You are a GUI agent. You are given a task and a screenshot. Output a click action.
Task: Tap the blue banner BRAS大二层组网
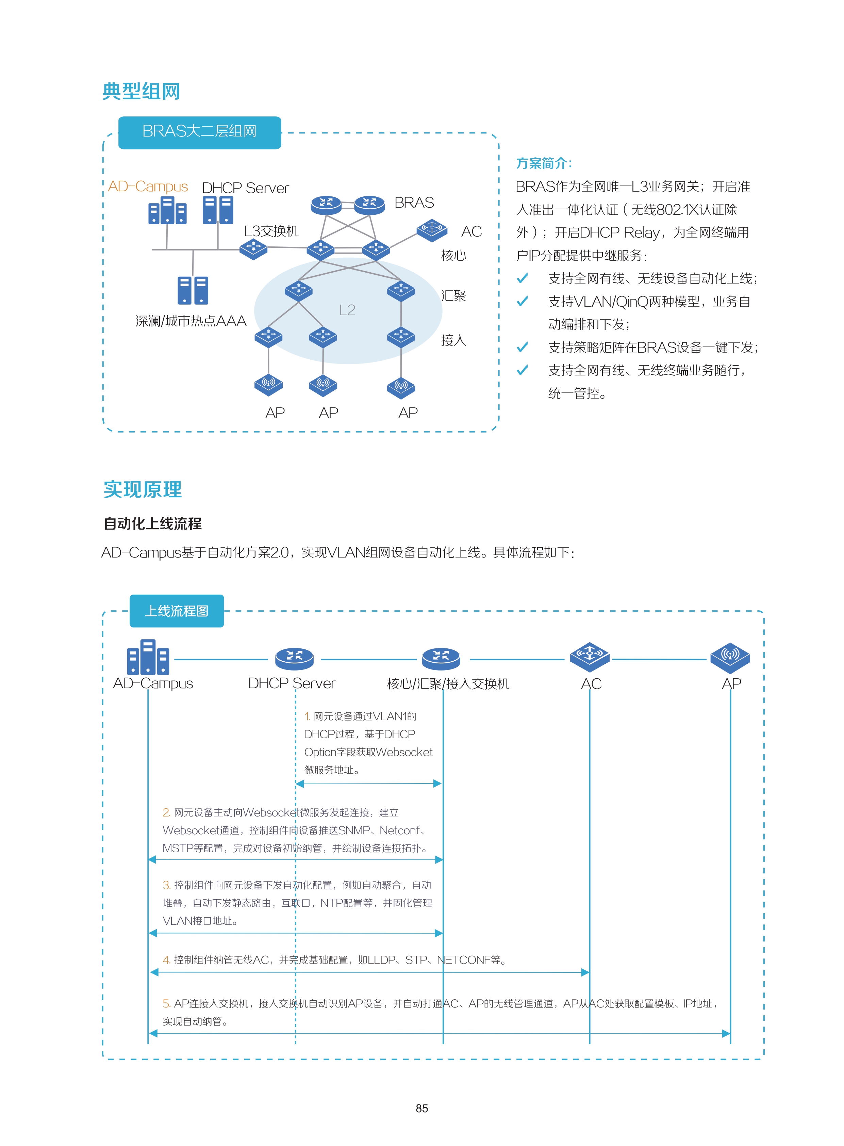coord(200,132)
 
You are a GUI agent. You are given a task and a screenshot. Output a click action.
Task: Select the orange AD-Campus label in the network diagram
coord(148,187)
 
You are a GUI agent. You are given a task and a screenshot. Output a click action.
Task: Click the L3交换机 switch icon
coord(253,249)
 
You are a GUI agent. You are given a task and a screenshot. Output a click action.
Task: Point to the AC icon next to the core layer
coord(432,230)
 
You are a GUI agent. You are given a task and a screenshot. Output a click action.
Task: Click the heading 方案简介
coord(544,163)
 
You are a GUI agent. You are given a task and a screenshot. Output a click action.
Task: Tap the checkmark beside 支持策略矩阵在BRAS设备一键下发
coord(522,348)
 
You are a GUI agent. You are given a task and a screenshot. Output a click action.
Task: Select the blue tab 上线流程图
coord(177,611)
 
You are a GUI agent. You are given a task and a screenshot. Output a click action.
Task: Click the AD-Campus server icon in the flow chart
coord(148,657)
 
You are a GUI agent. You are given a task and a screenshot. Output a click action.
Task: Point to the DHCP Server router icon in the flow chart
coord(294,658)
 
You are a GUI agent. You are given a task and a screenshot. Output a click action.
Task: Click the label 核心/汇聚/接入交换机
coord(448,684)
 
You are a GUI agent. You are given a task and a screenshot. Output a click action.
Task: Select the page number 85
coord(422,1108)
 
